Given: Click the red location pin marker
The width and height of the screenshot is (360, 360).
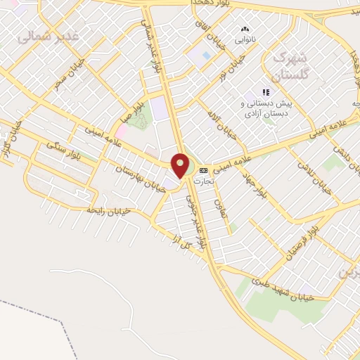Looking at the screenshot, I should tap(181, 165).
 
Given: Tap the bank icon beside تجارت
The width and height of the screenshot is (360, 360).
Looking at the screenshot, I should tap(203, 170).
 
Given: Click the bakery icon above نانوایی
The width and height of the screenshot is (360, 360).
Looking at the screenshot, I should tap(244, 30).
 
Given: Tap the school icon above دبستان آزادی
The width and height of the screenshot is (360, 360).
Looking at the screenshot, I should tap(265, 92).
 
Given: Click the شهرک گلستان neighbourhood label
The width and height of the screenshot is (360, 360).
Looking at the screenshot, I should tap(288, 65).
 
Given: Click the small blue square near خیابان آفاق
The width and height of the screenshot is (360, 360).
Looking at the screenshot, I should tap(205, 55).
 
